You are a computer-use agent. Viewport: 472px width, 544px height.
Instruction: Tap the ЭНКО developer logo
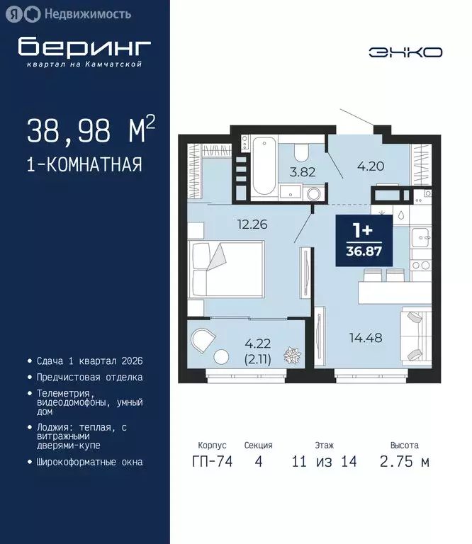(x=405, y=52)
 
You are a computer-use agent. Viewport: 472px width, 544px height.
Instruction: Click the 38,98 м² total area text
(x=91, y=130)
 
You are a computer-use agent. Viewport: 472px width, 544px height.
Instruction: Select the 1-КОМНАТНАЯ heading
(x=84, y=165)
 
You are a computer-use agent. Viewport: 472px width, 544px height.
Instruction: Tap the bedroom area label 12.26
(x=252, y=225)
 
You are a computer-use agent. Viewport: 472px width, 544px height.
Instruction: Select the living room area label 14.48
(x=366, y=338)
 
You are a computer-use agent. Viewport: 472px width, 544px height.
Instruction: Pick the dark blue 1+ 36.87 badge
(x=364, y=240)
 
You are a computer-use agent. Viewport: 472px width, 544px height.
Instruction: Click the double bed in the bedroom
(x=226, y=269)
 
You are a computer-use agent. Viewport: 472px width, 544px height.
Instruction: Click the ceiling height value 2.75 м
(x=404, y=462)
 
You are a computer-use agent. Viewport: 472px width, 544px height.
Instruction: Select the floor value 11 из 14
(x=324, y=462)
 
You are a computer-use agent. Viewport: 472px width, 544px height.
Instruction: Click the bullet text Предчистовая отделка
(x=90, y=378)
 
